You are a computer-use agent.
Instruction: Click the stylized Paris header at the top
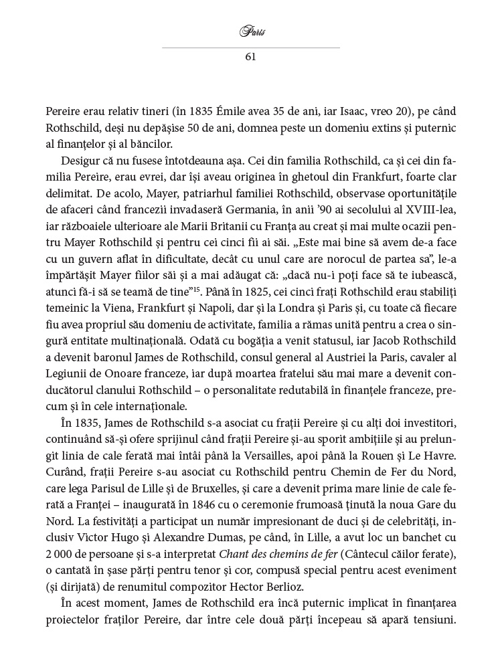click(x=250, y=31)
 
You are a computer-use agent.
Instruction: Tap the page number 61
click(x=251, y=57)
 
